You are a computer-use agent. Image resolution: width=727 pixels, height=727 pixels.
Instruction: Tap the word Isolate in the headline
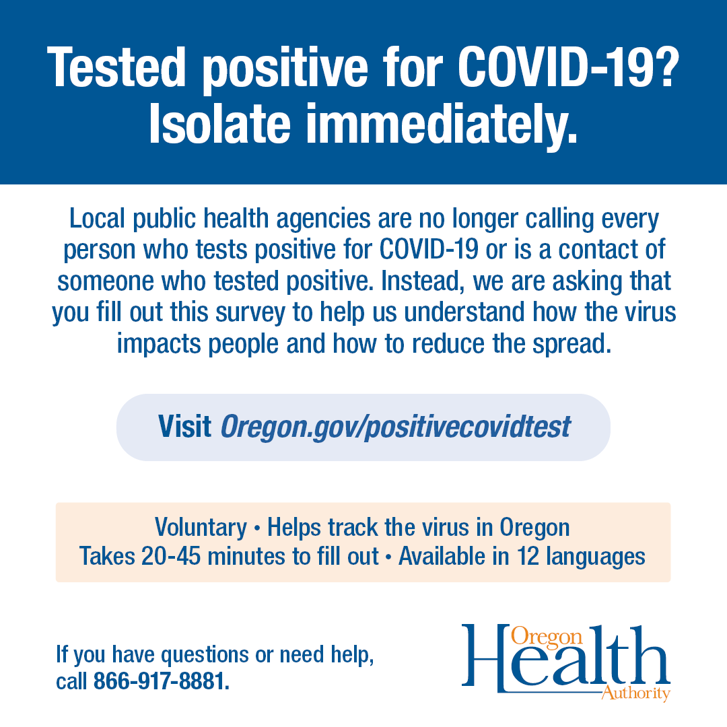coord(219,124)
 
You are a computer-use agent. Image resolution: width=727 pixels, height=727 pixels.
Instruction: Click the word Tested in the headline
coord(116,68)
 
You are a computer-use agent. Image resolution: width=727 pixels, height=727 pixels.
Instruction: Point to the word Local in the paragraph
coord(98,218)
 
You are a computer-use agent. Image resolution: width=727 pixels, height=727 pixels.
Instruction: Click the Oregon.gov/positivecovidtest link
coord(396,427)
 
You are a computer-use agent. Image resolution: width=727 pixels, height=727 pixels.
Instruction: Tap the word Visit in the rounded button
coord(184,426)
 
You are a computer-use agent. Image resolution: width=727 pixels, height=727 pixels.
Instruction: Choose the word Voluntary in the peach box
coord(201,528)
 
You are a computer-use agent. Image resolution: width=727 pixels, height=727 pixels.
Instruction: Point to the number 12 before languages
coord(528,557)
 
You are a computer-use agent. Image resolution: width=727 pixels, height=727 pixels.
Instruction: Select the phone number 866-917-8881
coord(162,681)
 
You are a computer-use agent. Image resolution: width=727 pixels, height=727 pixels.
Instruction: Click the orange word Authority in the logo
coord(635,693)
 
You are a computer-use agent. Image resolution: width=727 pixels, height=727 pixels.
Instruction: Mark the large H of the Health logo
coord(487,658)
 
